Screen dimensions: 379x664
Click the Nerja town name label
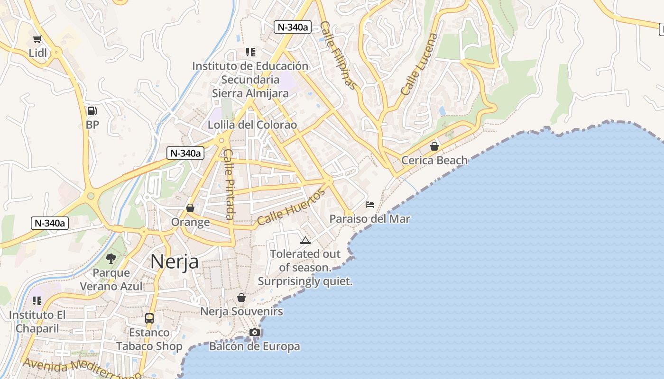[x=175, y=261]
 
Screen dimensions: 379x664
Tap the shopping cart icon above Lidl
[x=37, y=39]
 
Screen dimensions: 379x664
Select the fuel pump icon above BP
[x=92, y=111]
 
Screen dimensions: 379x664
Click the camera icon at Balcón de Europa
[x=255, y=332]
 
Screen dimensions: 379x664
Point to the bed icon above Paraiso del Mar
[x=370, y=205]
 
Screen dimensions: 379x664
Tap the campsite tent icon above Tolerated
[x=305, y=240]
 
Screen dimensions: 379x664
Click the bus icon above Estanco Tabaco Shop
[x=149, y=318]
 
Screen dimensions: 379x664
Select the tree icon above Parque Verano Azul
[x=111, y=258]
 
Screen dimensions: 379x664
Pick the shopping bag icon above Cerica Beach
[x=434, y=146]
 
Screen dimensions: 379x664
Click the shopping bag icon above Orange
[x=190, y=208]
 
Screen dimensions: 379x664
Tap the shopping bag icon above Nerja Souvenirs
[x=241, y=298]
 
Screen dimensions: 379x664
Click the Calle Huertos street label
[x=292, y=207]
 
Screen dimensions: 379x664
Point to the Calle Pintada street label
[x=229, y=184]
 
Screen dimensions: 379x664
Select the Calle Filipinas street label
[x=338, y=55]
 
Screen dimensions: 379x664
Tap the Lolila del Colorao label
[x=252, y=125]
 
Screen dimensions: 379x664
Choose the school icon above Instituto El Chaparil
[x=37, y=301]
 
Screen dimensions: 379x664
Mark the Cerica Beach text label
[x=434, y=160]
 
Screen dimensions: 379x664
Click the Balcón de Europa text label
[x=255, y=346]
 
